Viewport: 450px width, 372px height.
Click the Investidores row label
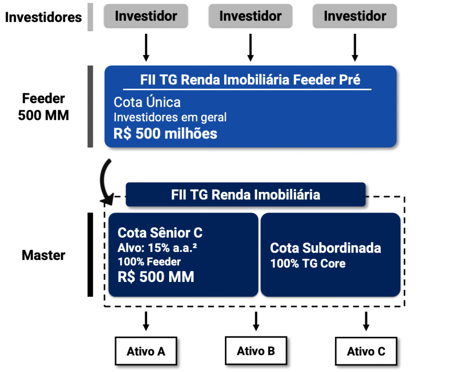coord(44,17)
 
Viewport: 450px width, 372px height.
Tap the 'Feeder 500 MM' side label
coord(44,107)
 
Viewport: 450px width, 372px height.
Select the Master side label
coord(44,255)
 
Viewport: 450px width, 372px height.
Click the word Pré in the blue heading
coord(349,80)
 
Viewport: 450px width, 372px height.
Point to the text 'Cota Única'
coord(147,102)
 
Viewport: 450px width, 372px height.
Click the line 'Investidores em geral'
coord(170,118)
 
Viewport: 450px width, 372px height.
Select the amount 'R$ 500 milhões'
coord(165,133)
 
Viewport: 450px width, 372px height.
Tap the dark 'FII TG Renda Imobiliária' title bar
coord(246,195)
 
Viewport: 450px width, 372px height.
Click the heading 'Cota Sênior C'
coord(160,233)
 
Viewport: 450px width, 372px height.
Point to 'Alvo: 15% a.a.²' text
coord(157,248)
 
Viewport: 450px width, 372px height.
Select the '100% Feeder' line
coord(149,262)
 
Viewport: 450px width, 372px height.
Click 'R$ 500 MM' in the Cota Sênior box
coord(156,277)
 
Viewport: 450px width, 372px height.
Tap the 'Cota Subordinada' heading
coord(325,248)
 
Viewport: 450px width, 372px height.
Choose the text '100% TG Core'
coord(308,264)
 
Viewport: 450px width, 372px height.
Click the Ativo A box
coord(146,351)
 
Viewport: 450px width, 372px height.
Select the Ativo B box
coord(256,351)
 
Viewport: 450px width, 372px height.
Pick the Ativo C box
coord(366,351)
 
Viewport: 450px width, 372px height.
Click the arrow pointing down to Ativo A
coord(146,321)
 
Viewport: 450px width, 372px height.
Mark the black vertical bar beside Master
coord(90,255)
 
